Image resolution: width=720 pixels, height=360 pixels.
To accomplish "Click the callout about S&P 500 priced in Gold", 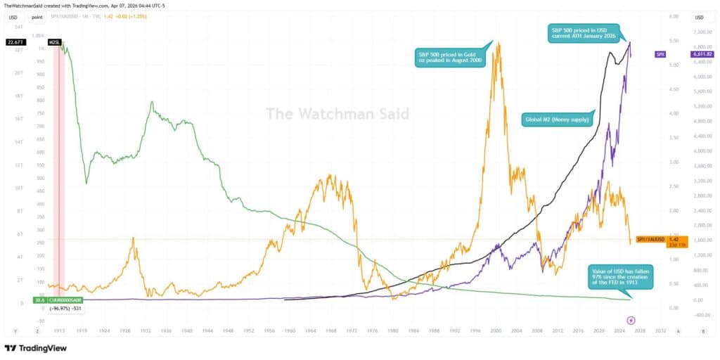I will pos(448,58).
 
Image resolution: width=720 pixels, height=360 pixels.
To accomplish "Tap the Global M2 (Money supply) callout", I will pos(558,119).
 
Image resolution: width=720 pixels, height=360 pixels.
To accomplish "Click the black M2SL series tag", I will pos(54,43).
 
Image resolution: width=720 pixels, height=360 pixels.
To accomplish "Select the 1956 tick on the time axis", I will pos(269,330).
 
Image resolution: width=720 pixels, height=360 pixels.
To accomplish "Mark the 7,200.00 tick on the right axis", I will pos(700,32).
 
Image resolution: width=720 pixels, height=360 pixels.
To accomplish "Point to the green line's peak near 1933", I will pos(151,103).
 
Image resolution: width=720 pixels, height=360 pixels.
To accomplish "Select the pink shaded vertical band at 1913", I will pos(60,176).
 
